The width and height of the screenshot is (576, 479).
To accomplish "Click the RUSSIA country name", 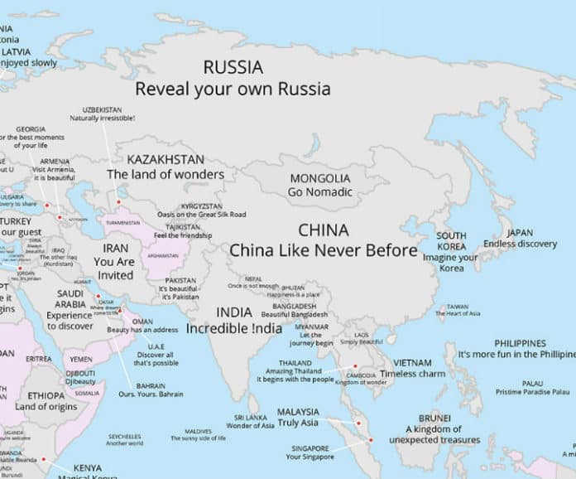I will pyautogui.click(x=233, y=67).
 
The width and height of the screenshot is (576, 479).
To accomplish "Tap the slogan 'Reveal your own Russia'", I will pyautogui.click(x=233, y=89).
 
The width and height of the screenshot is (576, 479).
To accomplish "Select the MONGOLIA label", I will pyautogui.click(x=319, y=178).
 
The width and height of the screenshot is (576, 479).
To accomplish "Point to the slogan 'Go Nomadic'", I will pyautogui.click(x=319, y=192).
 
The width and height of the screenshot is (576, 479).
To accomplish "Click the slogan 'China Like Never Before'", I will pyautogui.click(x=323, y=249).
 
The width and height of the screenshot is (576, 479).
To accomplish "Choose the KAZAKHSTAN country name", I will pyautogui.click(x=166, y=158).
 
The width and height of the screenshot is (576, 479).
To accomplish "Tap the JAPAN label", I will pyautogui.click(x=520, y=232).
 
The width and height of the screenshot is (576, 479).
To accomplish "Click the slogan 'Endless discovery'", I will pyautogui.click(x=520, y=244).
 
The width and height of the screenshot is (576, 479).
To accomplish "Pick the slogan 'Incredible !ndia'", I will pyautogui.click(x=234, y=328).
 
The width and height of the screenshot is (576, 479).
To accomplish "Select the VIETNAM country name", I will pyautogui.click(x=412, y=362).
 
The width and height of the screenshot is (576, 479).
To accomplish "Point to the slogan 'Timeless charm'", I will pyautogui.click(x=412, y=374).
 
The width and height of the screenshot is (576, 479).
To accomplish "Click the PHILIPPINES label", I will pyautogui.click(x=520, y=342).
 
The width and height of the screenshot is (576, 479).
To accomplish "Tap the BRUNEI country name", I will pyautogui.click(x=434, y=417).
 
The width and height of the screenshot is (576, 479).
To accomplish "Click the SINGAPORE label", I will pyautogui.click(x=309, y=448).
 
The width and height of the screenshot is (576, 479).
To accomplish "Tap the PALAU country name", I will pyautogui.click(x=533, y=382).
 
